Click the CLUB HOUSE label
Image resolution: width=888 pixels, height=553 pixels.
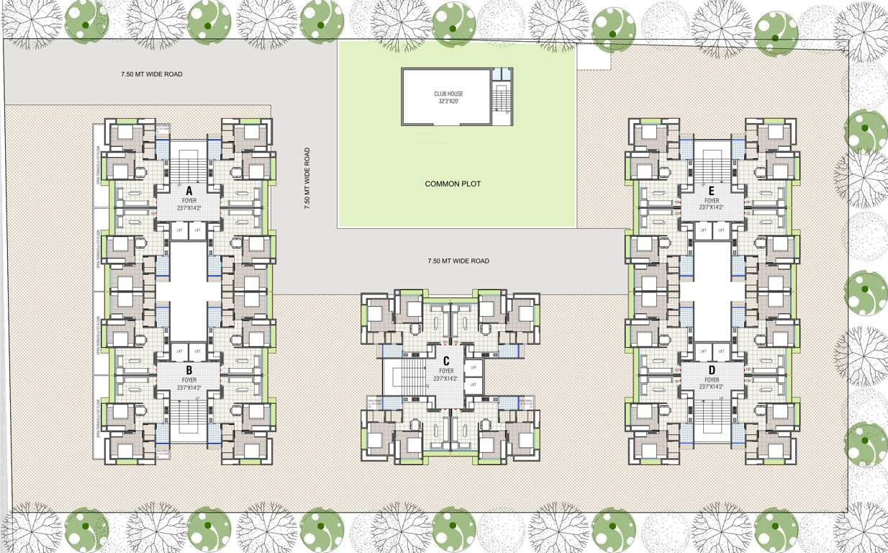pyautogui.click(x=448, y=94)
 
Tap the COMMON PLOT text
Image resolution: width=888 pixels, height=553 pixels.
pyautogui.click(x=453, y=184)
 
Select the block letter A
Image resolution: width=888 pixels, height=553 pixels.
pyautogui.click(x=189, y=191)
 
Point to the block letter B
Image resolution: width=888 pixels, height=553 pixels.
pyautogui.click(x=189, y=372)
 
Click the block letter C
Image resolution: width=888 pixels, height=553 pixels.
pyautogui.click(x=446, y=361)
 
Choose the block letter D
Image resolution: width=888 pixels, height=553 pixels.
pyautogui.click(x=711, y=372)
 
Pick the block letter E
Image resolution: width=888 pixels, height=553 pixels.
pyautogui.click(x=711, y=191)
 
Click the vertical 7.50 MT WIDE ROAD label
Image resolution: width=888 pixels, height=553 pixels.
pyautogui.click(x=307, y=179)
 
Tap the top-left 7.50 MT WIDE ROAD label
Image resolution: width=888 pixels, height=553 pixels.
pyautogui.click(x=151, y=74)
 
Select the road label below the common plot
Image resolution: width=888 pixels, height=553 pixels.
pyautogui.click(x=458, y=261)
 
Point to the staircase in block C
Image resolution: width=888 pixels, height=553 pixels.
pyautogui.click(x=412, y=374)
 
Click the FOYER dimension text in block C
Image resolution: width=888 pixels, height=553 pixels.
pyautogui.click(x=446, y=379)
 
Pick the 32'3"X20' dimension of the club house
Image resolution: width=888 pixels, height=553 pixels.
pyautogui.click(x=448, y=102)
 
